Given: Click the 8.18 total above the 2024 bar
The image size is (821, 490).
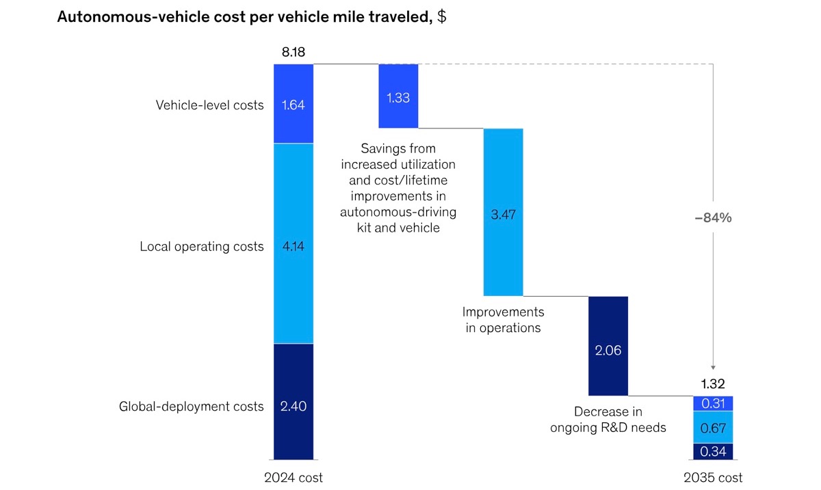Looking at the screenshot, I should [x=293, y=52].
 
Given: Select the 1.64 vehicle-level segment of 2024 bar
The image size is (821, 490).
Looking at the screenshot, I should [x=294, y=104].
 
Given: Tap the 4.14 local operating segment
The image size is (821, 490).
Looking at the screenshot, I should [x=294, y=244].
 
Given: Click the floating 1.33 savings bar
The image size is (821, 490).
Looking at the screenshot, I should [x=398, y=96].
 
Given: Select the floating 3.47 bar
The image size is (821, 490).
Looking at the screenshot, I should [x=503, y=213].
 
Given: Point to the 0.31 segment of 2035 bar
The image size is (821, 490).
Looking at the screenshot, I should [x=713, y=403].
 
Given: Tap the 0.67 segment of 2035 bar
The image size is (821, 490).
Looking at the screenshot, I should [x=713, y=427].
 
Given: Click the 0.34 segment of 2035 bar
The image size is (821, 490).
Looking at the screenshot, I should [x=713, y=451].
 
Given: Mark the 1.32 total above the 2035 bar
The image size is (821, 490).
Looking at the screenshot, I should [x=713, y=384].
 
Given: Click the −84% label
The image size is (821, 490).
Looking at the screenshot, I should [x=713, y=218].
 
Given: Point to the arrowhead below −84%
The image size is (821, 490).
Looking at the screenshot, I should [x=713, y=367].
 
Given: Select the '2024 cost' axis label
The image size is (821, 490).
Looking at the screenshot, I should [x=294, y=478].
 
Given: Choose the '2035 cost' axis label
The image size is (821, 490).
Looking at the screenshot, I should [x=713, y=478].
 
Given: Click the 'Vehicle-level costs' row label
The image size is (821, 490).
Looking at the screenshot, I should [x=209, y=105].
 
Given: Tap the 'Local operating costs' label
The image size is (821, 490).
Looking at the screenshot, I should [x=201, y=247].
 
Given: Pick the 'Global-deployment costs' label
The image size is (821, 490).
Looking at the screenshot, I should [x=191, y=407].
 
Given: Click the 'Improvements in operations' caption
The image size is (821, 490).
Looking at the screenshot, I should [x=503, y=320].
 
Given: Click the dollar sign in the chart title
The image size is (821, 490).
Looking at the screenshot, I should [x=442, y=17].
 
